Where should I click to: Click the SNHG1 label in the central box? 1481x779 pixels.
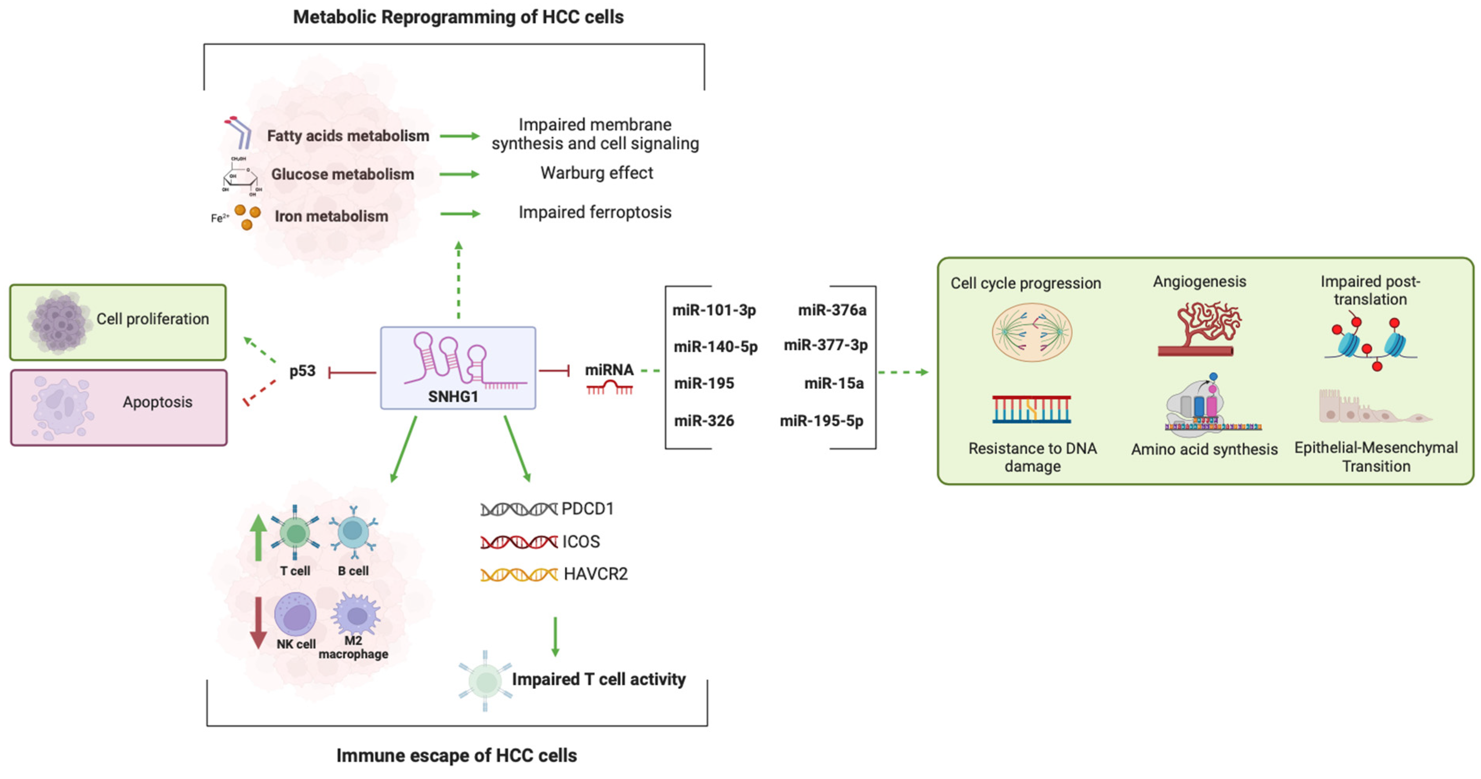point(453,397)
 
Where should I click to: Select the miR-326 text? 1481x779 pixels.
point(704,420)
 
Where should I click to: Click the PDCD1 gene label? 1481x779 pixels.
point(587,509)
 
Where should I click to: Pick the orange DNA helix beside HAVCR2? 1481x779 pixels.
point(518,574)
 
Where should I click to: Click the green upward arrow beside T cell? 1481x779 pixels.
point(258,537)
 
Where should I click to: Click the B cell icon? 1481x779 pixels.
point(353,531)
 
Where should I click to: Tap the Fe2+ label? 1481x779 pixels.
point(219,218)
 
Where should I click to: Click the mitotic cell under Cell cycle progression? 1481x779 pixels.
point(1031,333)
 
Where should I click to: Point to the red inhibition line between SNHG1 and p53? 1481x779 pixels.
point(352,373)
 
